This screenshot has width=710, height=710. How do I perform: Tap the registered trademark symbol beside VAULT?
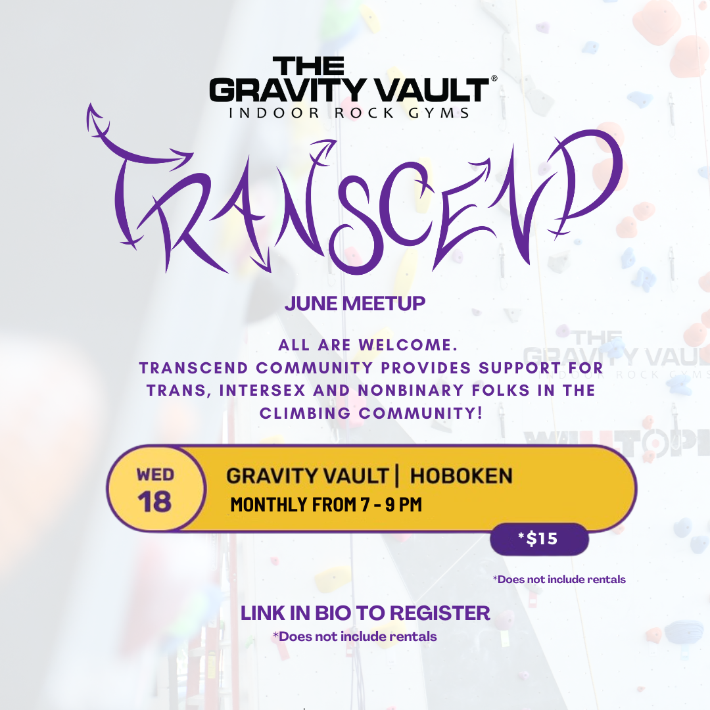pos(494,78)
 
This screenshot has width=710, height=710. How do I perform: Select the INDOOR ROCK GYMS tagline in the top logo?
pos(349,113)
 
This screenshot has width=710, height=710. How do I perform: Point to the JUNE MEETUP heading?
pos(355,303)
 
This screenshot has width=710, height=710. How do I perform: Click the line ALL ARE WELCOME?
pos(367,345)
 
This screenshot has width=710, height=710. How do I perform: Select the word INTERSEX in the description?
pos(262,390)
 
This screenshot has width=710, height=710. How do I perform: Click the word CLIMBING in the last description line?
pos(305,413)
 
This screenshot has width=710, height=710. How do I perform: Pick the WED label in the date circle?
pos(155,475)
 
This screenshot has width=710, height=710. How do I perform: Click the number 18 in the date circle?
pos(155,502)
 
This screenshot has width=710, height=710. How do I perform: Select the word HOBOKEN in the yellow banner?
pos(461,476)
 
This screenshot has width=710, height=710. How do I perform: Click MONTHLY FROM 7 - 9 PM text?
pos(326,504)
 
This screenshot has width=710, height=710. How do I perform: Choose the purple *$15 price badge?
pos(539,539)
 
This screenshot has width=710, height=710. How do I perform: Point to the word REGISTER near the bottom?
pos(440,613)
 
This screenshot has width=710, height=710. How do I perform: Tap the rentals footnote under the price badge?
pos(559,580)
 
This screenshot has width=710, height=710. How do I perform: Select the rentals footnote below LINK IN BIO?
pos(354,636)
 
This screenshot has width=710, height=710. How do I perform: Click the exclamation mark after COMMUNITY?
pos(480,413)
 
